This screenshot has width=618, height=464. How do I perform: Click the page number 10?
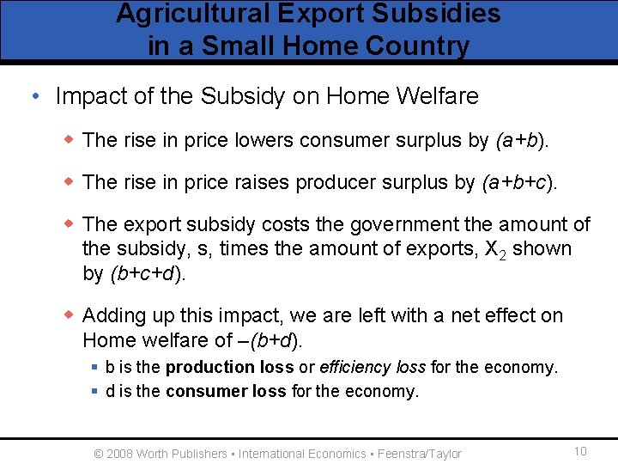click(x=579, y=452)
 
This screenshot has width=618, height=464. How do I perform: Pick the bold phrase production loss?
click(x=229, y=368)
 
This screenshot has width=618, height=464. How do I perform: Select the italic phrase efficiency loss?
click(x=373, y=368)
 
